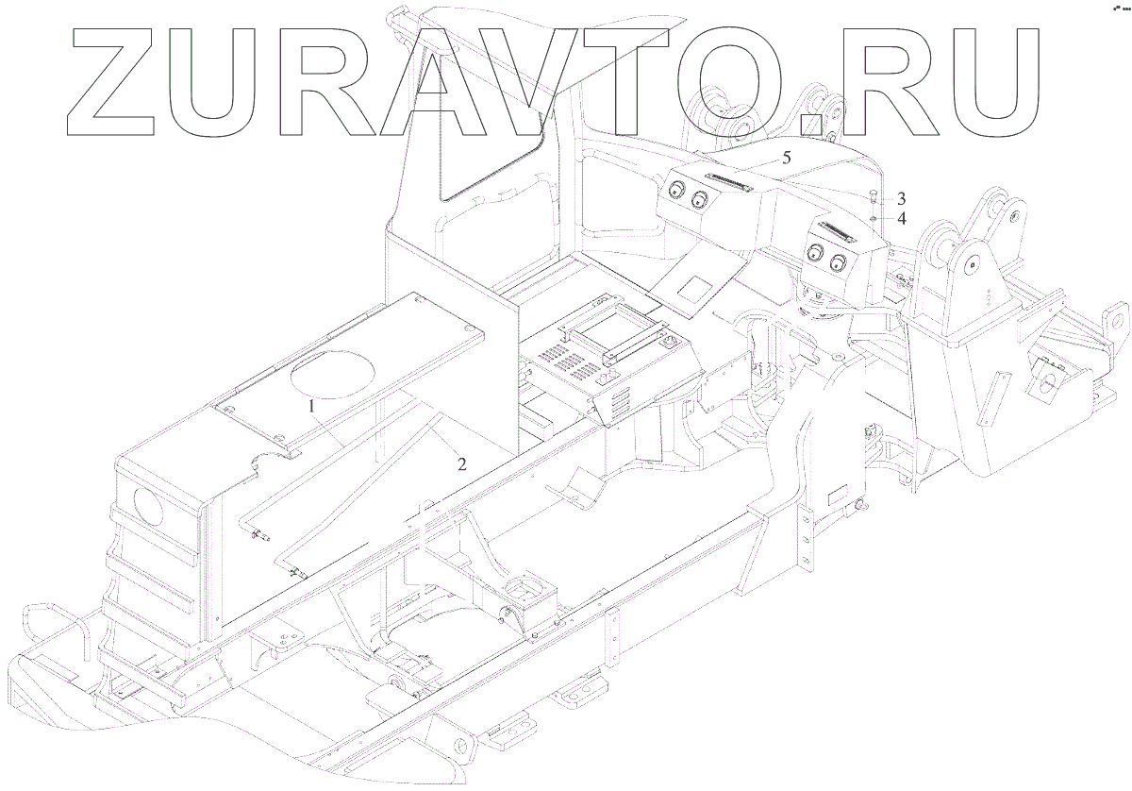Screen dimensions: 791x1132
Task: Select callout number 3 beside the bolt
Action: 901,199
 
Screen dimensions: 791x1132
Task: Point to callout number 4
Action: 901,219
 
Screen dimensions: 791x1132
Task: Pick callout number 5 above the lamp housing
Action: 786,159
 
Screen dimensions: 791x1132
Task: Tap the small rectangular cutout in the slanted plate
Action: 699,284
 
